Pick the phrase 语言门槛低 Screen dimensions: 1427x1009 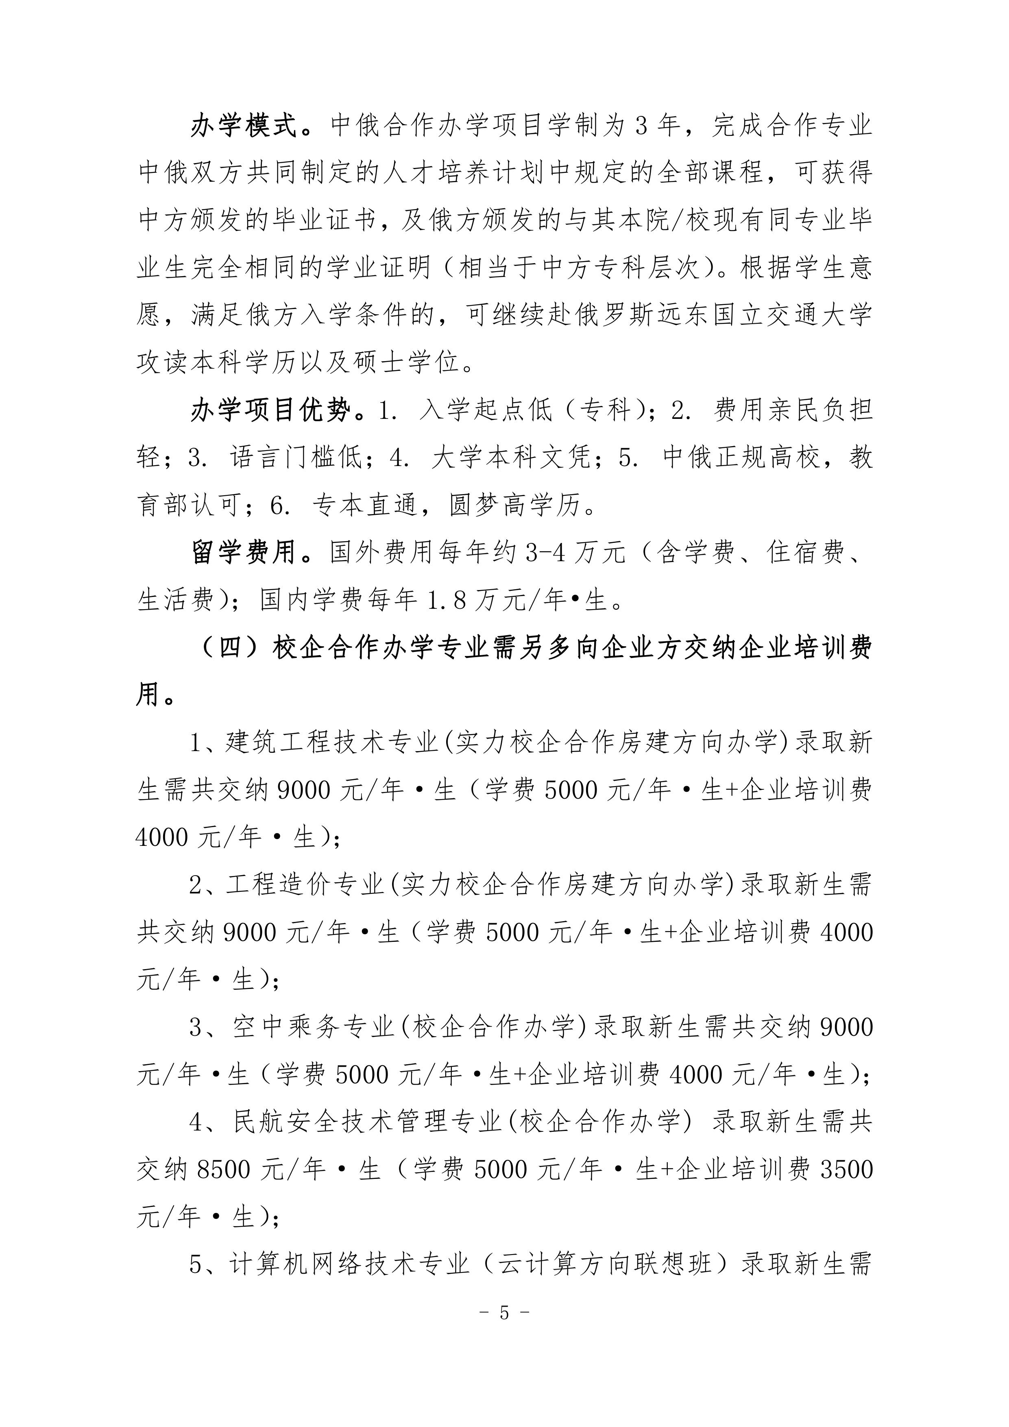[295, 458]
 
